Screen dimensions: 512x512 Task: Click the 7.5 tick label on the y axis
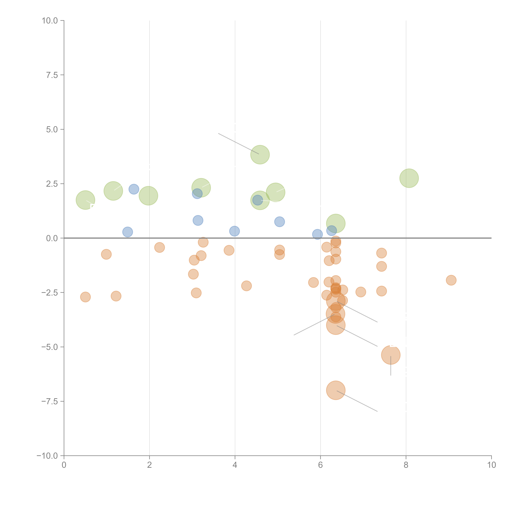(52, 75)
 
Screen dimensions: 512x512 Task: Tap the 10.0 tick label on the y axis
(50, 21)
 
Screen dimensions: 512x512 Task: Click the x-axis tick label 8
(406, 465)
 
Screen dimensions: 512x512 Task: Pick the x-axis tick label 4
(235, 465)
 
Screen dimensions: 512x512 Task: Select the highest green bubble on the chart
(260, 155)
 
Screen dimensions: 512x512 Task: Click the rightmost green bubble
(409, 178)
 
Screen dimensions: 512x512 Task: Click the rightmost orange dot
(451, 280)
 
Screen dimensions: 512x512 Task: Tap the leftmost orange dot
(85, 297)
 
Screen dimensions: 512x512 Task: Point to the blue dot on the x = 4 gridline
(234, 231)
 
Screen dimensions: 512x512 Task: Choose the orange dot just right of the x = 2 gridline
(159, 248)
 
